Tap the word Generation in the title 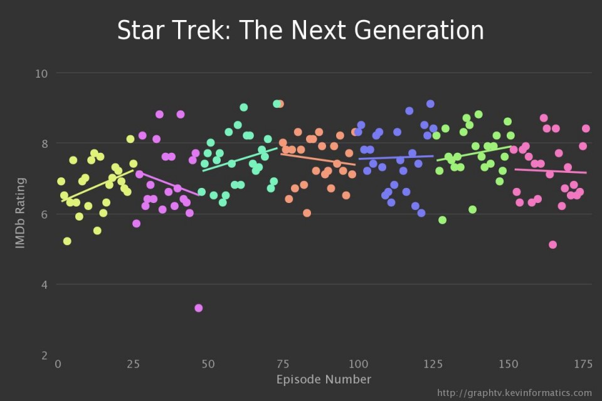[419, 31]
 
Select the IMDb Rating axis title [21, 213]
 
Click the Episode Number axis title [324, 379]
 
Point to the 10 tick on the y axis [42, 73]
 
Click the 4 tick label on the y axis [45, 285]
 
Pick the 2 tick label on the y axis [45, 356]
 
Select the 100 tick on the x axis [358, 363]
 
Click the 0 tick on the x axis [58, 363]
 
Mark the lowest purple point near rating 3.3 [199, 308]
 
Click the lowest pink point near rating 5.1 [552, 244]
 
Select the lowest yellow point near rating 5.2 [67, 241]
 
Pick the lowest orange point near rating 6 [307, 213]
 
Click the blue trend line [395, 157]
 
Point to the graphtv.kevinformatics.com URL [514, 393]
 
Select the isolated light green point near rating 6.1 [472, 209]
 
